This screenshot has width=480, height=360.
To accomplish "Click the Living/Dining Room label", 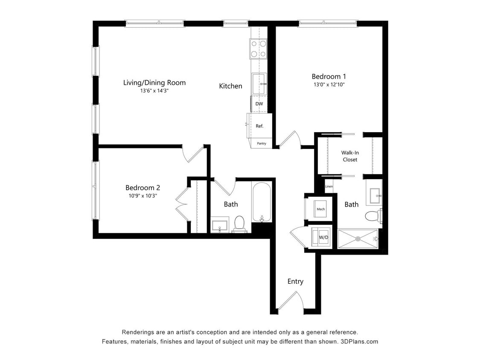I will click(154, 82).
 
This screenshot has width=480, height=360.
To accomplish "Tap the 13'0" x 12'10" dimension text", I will click(328, 84).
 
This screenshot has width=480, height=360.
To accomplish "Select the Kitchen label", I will click(230, 86).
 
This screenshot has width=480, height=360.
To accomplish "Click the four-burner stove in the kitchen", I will click(258, 48).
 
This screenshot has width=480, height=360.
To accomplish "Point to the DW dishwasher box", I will click(259, 104).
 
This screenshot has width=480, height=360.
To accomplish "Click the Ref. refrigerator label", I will click(259, 126).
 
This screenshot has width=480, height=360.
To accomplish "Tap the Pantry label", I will click(262, 143).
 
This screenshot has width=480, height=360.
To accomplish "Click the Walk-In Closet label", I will click(349, 156).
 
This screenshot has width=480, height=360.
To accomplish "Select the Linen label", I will click(329, 186).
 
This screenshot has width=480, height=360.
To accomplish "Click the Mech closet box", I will click(320, 209).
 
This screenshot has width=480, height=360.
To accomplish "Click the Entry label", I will click(295, 281).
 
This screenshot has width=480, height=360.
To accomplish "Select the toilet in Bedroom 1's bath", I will click(373, 216).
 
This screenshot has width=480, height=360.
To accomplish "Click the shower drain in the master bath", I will click(358, 239).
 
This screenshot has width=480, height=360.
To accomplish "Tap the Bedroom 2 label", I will click(143, 187).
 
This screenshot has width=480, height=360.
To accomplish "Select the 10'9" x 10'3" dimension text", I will click(143, 196).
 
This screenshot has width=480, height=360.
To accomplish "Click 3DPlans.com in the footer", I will click(359, 341).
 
